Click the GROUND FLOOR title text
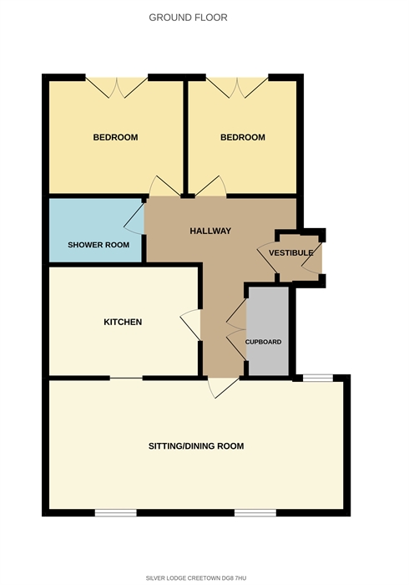[x=188, y=18]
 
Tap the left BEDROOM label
[x=115, y=137]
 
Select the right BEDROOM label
[x=243, y=137]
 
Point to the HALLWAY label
[x=210, y=231]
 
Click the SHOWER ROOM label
[x=98, y=245]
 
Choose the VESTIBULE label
[x=291, y=253]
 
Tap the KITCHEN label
[x=123, y=322]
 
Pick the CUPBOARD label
[x=264, y=342]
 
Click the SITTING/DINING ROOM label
[x=196, y=445]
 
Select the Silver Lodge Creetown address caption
[x=196, y=578]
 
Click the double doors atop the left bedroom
[x=117, y=87]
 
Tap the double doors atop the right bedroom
[x=237, y=87]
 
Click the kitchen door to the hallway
[x=190, y=324]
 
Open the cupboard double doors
[x=236, y=329]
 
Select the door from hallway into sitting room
[x=223, y=388]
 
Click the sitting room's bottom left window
[x=116, y=513]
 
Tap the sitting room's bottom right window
[x=255, y=513]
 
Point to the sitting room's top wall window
[x=318, y=378]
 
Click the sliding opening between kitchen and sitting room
[x=126, y=379]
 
